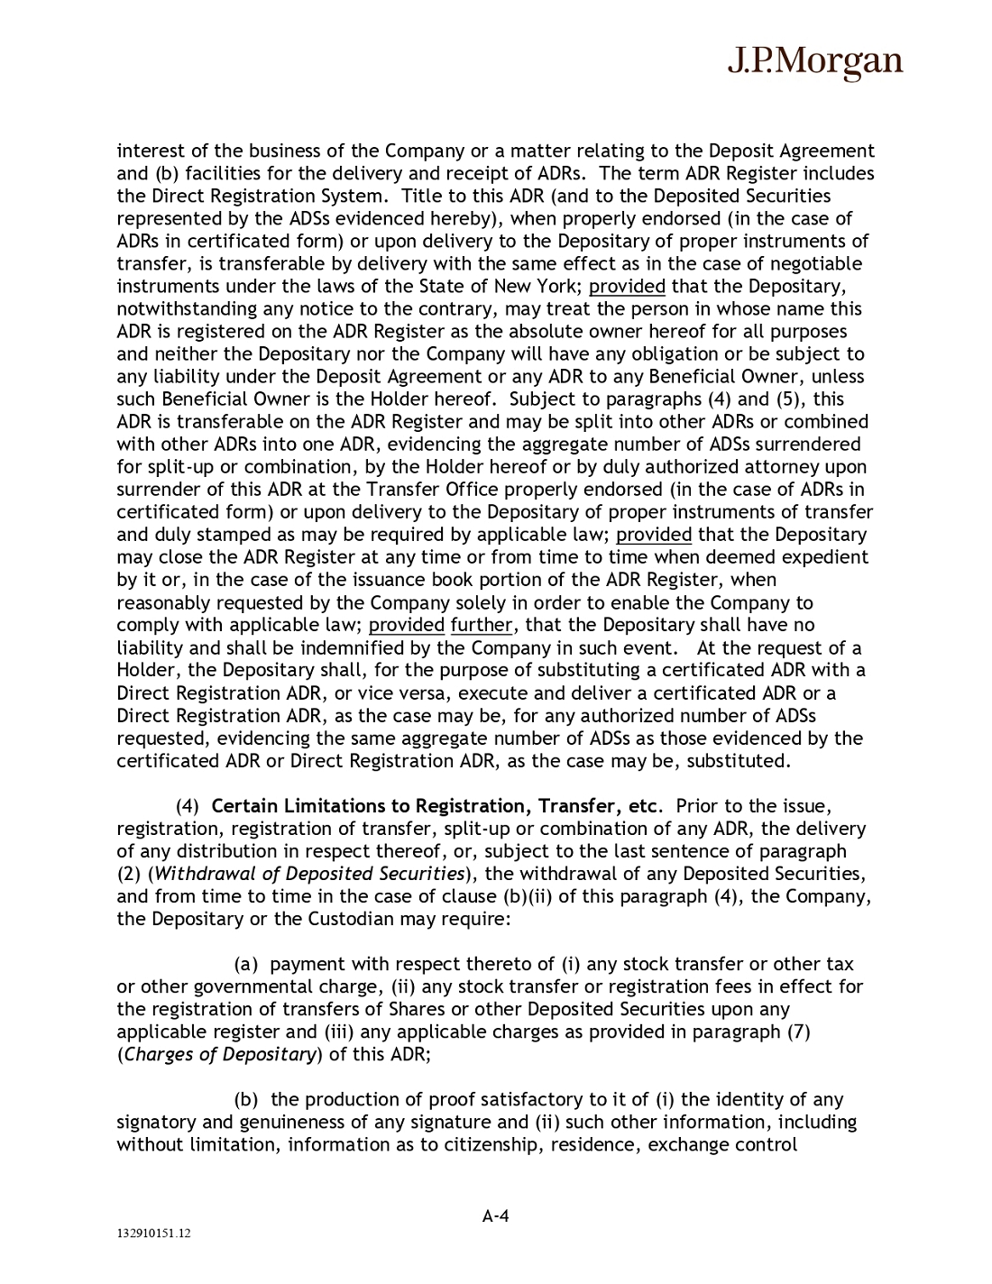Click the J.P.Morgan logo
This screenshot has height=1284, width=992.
814,61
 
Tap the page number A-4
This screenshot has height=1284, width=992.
495,1216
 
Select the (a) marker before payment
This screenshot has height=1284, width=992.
247,964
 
